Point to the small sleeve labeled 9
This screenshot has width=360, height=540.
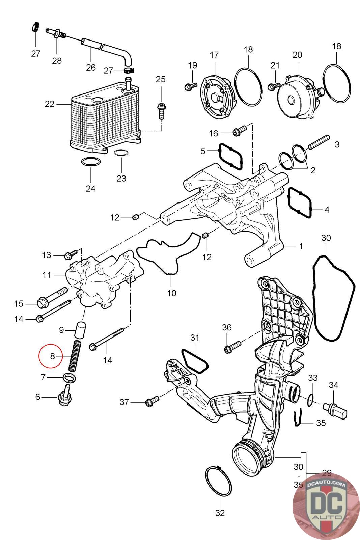coord(80,329)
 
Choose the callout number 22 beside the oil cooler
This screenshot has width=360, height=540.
coord(49,104)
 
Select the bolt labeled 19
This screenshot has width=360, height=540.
coord(191,86)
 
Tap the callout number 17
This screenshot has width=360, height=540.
coord(214,55)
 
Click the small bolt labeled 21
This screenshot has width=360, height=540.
coord(274,86)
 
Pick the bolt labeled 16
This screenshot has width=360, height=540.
coord(239,130)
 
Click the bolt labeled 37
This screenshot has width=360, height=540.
coord(152,401)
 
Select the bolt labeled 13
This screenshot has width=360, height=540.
coord(71,254)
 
